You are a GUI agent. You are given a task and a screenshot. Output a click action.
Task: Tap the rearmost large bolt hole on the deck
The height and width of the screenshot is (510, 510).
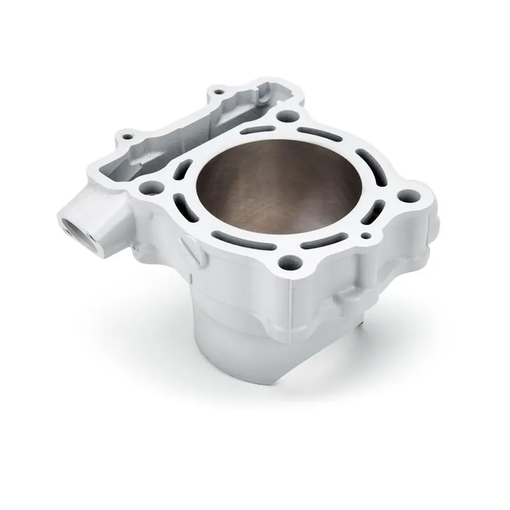pyautogui.click(x=287, y=117)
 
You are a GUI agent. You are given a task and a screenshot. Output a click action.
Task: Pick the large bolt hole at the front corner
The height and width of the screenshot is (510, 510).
pyautogui.click(x=291, y=261)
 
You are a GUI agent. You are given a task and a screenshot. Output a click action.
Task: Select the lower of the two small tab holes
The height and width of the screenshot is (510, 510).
pyautogui.click(x=127, y=136)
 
